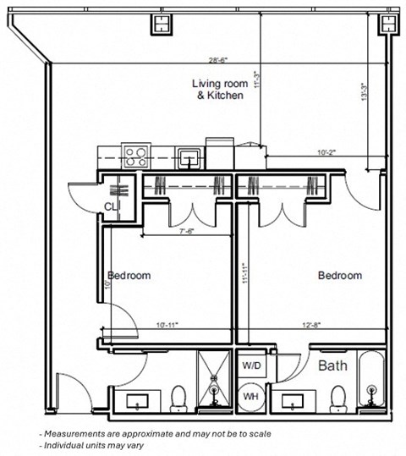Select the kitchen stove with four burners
tap(135, 156)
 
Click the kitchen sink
tap(189, 156)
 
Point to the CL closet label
tap(111, 206)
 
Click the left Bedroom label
tap(129, 276)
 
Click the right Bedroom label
tap(339, 276)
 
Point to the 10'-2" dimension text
tap(326, 153)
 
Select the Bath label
tap(334, 367)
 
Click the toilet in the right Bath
tap(338, 396)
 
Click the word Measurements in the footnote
tap(77, 433)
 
